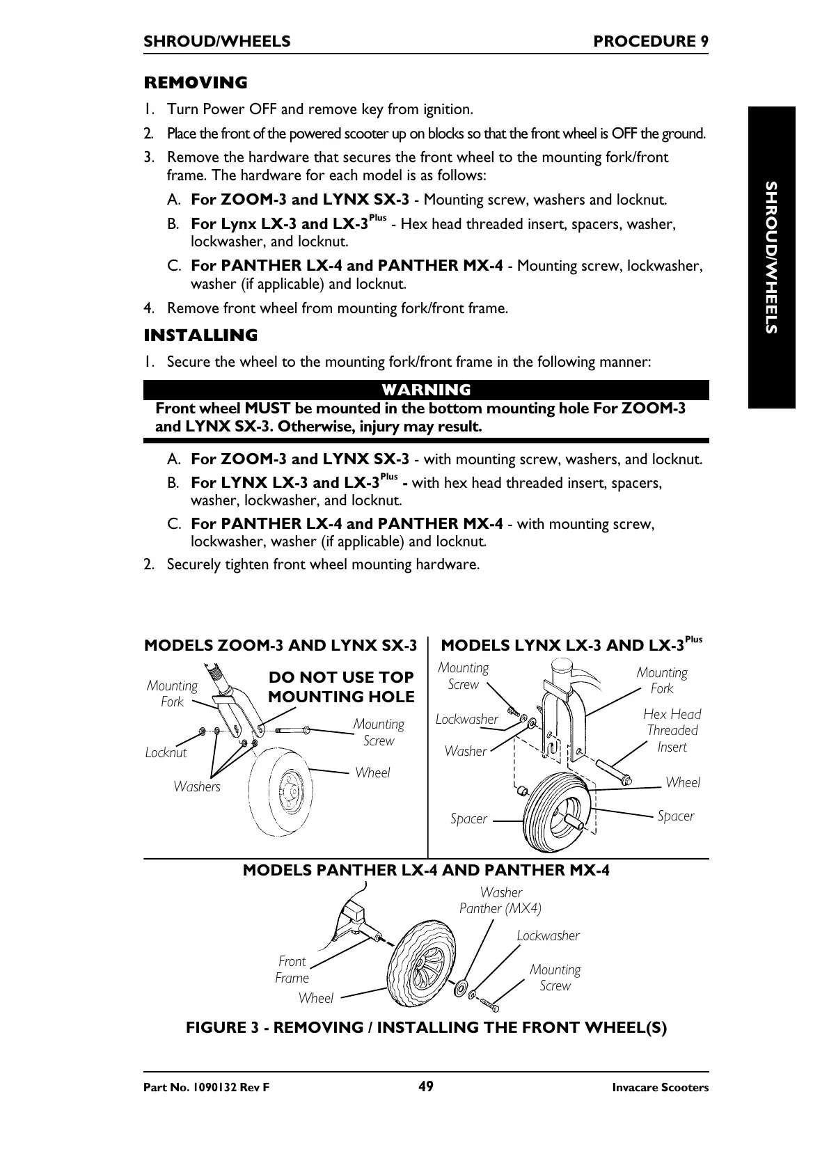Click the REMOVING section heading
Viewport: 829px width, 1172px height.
tap(195, 83)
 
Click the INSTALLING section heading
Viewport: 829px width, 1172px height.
tap(200, 335)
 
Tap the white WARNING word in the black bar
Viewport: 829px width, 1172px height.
tap(426, 390)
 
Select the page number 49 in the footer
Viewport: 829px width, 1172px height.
tap(426, 1086)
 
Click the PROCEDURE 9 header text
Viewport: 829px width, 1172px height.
tap(651, 41)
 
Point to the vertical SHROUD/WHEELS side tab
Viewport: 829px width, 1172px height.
tap(771, 258)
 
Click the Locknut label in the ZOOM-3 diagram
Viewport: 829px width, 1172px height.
tap(166, 752)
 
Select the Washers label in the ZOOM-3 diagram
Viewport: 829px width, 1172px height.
tap(197, 786)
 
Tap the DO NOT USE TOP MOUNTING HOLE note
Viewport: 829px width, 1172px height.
tap(341, 687)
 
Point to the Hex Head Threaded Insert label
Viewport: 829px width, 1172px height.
tap(672, 730)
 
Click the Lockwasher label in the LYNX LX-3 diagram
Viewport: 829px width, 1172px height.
tap(466, 719)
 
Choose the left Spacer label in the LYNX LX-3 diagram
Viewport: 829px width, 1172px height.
tap(468, 818)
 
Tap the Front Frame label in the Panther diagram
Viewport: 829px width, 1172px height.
tap(292, 969)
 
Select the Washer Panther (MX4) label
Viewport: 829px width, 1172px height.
tap(500, 900)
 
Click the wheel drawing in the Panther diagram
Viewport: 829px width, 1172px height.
tap(420, 964)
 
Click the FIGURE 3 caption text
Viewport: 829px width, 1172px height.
tap(426, 1027)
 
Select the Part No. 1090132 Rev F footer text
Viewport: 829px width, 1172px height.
tap(206, 1088)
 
